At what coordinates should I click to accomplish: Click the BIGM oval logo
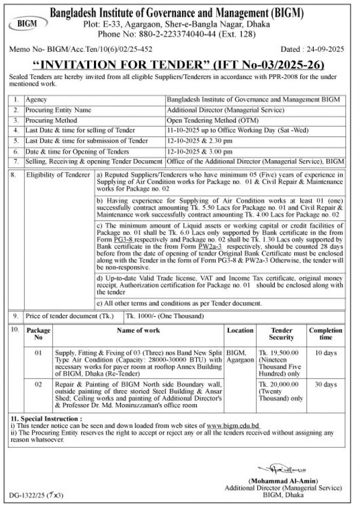click(26, 23)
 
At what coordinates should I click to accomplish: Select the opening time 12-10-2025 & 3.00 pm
click(200, 151)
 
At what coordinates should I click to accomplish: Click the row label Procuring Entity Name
click(59, 110)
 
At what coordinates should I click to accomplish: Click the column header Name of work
click(138, 330)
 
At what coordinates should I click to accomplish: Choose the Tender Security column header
click(281, 334)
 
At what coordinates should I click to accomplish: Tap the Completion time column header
click(326, 334)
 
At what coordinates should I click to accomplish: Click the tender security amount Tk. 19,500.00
click(281, 353)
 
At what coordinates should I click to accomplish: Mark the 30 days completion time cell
click(326, 385)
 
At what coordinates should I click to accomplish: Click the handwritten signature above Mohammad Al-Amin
click(278, 469)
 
